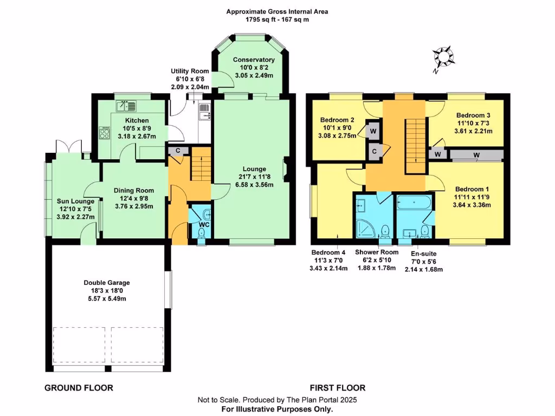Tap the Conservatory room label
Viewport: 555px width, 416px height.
coord(254,60)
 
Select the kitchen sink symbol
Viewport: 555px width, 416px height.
coord(126,106)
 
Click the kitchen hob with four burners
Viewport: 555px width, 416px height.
coord(105,133)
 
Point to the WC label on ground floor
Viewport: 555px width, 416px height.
coord(204,225)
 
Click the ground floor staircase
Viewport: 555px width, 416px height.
coord(201,164)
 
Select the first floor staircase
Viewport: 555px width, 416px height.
coord(416,146)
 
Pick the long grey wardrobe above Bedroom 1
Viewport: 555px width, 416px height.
coord(476,155)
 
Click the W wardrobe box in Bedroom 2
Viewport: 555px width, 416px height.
coord(373,131)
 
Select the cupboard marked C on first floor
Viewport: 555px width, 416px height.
coord(374,152)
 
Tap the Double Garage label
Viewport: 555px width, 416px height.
coord(107,283)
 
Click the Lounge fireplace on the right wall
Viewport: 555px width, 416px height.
coord(285,170)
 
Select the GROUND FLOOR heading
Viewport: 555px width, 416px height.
coord(79,388)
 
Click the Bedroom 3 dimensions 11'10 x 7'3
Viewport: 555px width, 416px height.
coord(473,123)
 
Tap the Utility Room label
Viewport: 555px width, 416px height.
coord(190,71)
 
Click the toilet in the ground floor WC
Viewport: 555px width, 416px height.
coord(202,233)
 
